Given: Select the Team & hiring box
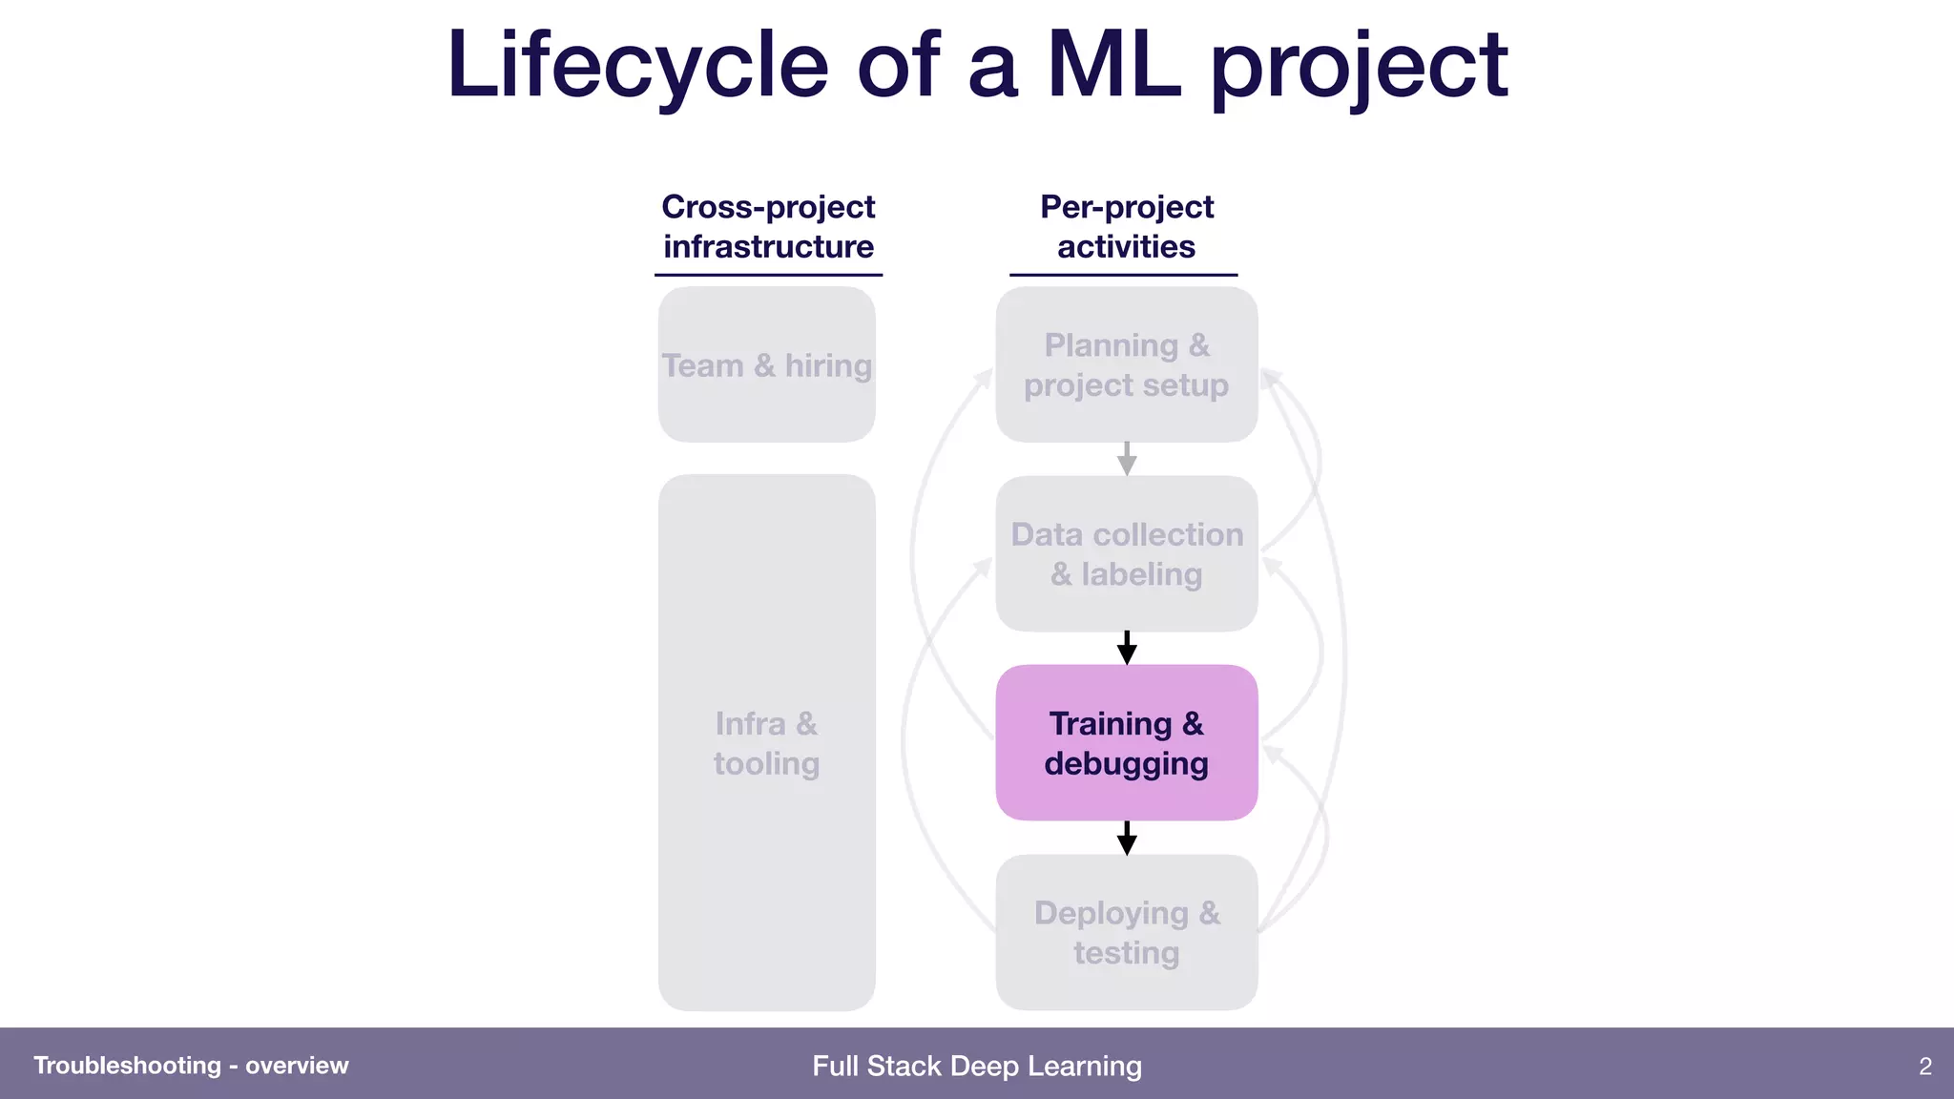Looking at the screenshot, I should point(766,365).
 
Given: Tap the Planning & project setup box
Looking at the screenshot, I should point(1126,364).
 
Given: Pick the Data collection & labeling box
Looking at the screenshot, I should point(1126,553).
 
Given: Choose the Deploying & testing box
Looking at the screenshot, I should point(1126,932).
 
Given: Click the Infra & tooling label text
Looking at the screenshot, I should point(766,743).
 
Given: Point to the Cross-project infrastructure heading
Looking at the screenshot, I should point(768,226).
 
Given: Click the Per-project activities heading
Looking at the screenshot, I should point(1126,226).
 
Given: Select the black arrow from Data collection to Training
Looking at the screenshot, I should point(1127,648).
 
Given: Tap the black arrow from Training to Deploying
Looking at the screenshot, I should point(1127,838).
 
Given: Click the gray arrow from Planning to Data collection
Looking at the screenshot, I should point(1127,459).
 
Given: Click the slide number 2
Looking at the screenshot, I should point(1924,1066).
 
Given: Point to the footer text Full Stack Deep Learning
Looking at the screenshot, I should point(976,1066).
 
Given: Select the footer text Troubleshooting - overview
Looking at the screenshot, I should point(191,1066).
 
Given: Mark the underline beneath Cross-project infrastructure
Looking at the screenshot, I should point(768,276).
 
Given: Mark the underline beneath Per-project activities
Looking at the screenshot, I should point(1123,276).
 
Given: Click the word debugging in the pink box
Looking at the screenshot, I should point(1126,764).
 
